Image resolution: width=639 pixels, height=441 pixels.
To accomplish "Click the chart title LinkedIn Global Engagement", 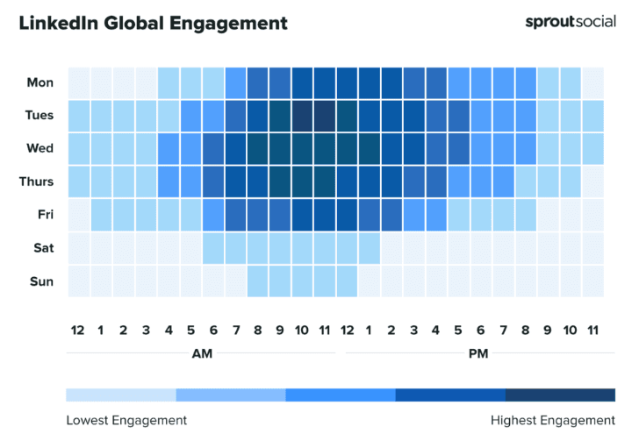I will tap(154, 23).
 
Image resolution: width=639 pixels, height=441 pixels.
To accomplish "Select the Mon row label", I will tap(39, 82).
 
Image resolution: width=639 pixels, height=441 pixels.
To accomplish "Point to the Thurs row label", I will tap(36, 181).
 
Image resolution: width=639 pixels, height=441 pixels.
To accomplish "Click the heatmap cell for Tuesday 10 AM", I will tap(302, 116).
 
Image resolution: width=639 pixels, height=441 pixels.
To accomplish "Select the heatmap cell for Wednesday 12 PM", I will tap(347, 149).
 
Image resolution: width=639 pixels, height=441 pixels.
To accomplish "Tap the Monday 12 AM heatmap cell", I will tap(78, 82).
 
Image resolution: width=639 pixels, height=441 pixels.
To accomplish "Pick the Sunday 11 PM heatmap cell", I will tap(592, 281).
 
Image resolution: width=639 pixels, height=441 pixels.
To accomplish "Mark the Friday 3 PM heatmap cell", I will tap(413, 215).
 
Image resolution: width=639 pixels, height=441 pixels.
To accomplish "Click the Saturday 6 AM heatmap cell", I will tap(212, 248).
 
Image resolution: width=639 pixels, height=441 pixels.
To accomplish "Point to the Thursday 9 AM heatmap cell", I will tap(279, 181).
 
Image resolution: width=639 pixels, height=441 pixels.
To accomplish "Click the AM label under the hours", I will tap(201, 353).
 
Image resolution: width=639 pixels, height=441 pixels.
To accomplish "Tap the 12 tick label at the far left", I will tap(78, 330).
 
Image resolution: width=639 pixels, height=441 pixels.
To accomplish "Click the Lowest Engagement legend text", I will tap(126, 420).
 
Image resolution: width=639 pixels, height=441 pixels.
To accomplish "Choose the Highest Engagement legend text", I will tap(553, 420).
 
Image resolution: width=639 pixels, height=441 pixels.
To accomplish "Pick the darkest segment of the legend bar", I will tap(560, 395).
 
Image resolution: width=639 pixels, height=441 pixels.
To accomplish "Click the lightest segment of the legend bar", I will tap(121, 395).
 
